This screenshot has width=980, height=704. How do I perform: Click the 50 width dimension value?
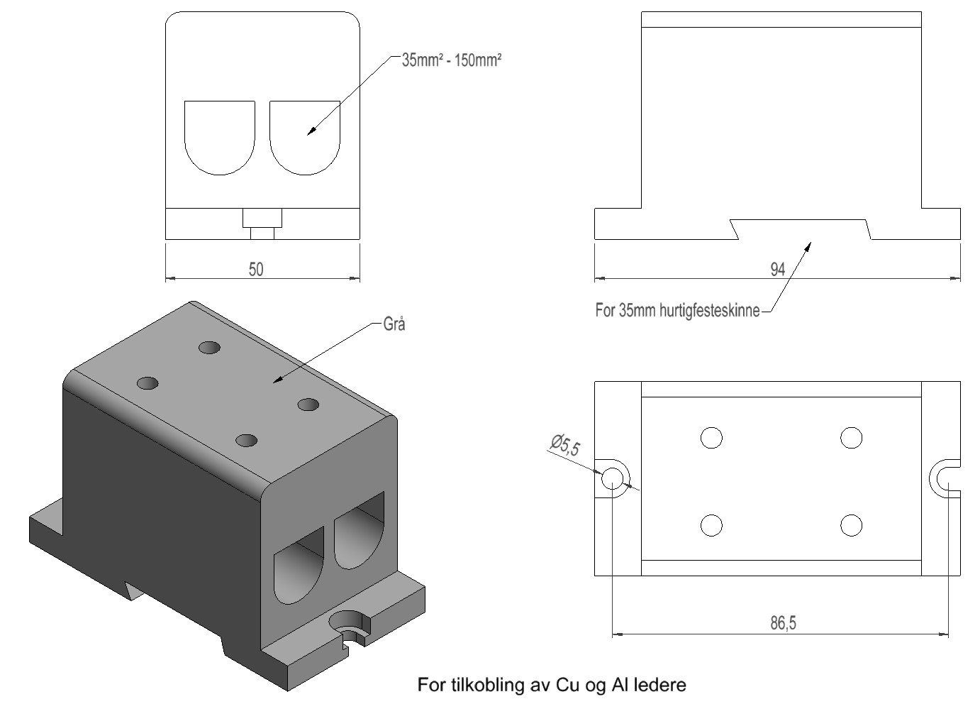[256, 269]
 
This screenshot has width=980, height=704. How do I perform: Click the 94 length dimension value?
[777, 269]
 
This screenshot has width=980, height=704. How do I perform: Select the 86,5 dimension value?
[783, 623]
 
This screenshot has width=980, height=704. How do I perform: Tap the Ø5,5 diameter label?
[564, 445]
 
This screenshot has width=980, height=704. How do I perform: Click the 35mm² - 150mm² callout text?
[452, 60]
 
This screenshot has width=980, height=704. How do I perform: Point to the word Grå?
[394, 324]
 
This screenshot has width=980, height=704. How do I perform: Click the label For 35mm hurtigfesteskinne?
[677, 310]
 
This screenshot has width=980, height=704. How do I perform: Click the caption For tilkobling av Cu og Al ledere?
[552, 685]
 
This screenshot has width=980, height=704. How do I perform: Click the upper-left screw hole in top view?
[711, 438]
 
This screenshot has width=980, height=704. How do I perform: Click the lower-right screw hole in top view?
[851, 526]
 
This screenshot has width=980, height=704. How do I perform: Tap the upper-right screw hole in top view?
[851, 438]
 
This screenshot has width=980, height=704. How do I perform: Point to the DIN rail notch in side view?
[801, 229]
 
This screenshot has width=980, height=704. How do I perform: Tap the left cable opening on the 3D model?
[296, 568]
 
